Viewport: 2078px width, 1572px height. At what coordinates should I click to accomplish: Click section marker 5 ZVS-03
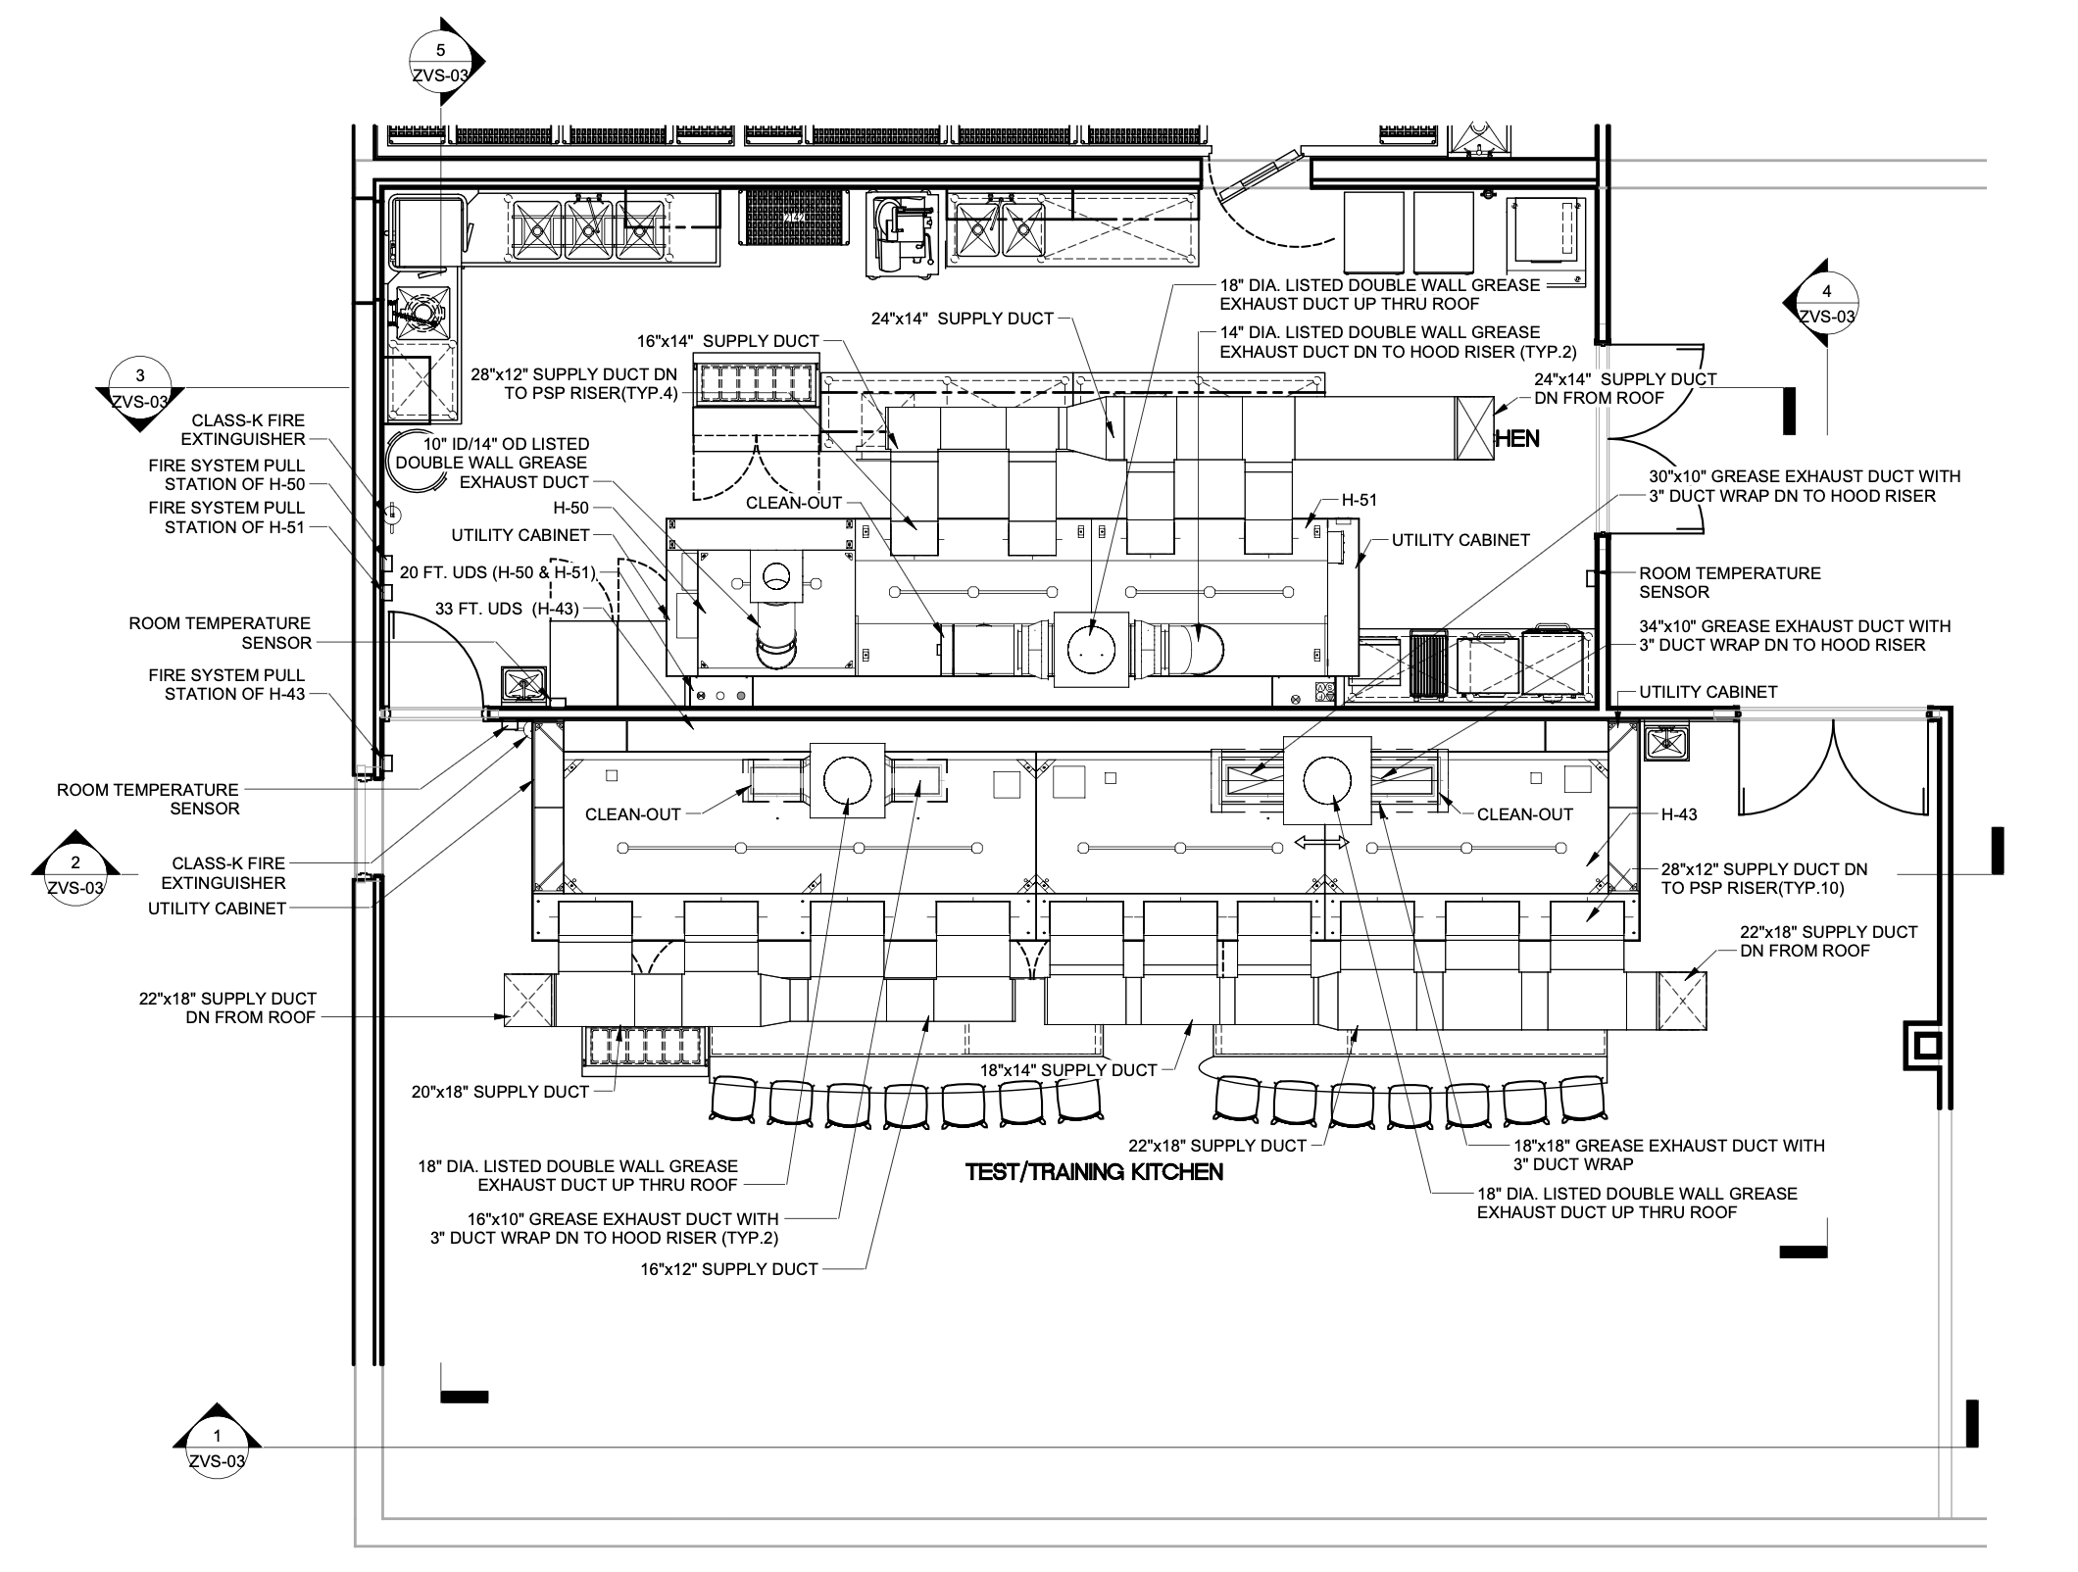point(440,61)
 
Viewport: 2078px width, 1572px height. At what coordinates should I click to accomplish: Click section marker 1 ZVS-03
point(217,1449)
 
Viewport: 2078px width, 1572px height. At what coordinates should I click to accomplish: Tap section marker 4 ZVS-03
point(1826,303)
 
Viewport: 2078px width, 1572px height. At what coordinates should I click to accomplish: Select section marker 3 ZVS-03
point(139,388)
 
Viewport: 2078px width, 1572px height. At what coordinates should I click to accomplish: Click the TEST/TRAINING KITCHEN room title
point(1094,1172)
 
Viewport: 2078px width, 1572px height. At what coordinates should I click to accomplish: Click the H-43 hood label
point(1679,814)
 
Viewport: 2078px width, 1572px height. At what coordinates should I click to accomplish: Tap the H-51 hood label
point(1359,500)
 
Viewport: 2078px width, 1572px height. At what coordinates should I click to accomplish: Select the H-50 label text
point(571,509)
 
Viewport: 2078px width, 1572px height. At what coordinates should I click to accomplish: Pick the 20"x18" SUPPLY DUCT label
point(502,1092)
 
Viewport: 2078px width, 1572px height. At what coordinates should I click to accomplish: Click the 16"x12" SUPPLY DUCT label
point(729,1269)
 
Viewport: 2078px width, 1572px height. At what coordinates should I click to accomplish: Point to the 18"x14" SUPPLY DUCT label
point(1068,1070)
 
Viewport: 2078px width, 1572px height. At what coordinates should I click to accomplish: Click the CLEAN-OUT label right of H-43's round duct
point(1524,814)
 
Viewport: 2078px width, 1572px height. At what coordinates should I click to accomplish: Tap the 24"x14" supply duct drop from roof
point(1473,429)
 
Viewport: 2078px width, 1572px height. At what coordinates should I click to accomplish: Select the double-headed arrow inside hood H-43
point(1322,843)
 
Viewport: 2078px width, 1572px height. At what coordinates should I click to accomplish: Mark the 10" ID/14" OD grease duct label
point(491,464)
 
